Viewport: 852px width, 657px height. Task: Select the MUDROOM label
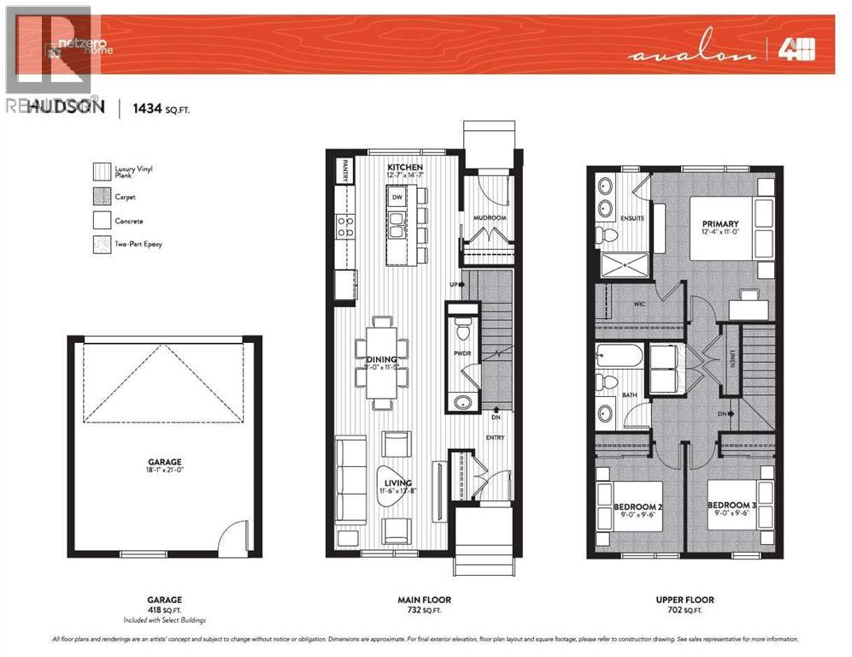(x=490, y=218)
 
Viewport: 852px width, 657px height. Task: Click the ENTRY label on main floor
(x=495, y=438)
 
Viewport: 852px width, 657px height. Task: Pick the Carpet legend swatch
(x=103, y=197)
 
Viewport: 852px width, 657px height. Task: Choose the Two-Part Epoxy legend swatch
(x=103, y=245)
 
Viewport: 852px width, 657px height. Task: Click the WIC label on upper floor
(x=639, y=304)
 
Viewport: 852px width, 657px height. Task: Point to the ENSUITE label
(x=633, y=218)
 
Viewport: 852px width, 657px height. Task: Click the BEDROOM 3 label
(x=732, y=505)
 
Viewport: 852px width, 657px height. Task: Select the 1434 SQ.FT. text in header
(x=156, y=107)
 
